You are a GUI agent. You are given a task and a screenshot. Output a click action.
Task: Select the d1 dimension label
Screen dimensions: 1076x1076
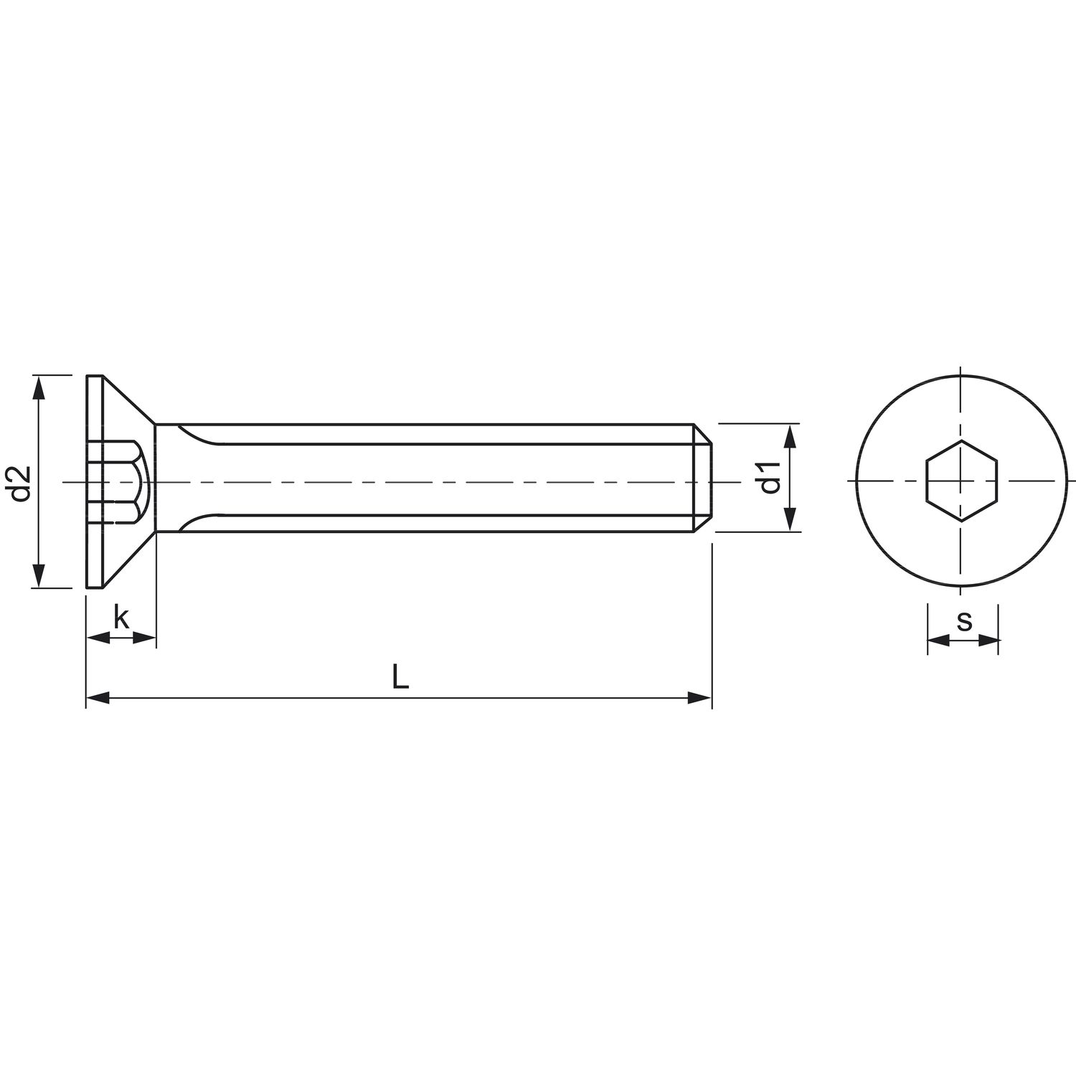[x=770, y=478]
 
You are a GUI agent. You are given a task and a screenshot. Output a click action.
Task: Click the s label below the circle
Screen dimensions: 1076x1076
[x=964, y=621]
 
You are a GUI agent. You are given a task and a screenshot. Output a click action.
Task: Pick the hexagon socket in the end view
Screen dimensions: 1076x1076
[x=961, y=481]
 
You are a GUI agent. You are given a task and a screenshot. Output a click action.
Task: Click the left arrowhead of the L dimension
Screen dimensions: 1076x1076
[x=98, y=697]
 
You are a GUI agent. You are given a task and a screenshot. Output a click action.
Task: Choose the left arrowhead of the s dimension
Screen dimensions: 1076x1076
[x=938, y=641]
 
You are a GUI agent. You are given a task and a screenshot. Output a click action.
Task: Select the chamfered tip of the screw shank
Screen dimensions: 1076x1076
[x=703, y=478]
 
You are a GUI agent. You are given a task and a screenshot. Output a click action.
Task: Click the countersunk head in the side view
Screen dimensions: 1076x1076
[x=118, y=430]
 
